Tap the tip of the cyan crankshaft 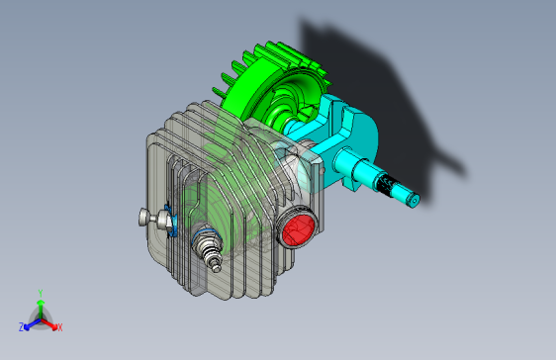[x=415, y=201]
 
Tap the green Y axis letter [x=40, y=293]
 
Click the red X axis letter [x=59, y=327]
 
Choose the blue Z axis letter [x=21, y=327]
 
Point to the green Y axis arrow [x=40, y=306]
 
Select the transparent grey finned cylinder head [x=198, y=168]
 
